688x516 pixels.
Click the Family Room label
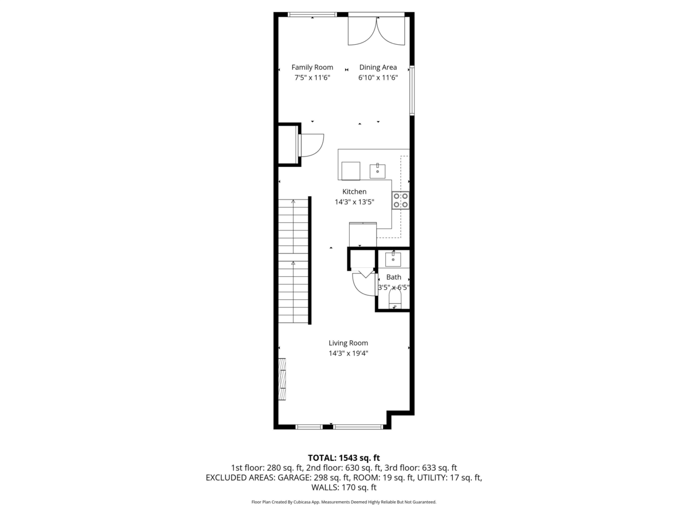point(312,67)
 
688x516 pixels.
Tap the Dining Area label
point(378,67)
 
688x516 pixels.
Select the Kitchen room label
point(354,191)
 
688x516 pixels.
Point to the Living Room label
point(348,343)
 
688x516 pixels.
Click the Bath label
point(394,277)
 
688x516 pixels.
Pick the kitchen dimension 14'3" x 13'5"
point(354,202)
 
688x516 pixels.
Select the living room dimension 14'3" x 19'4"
point(348,353)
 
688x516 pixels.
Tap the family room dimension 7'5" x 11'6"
point(312,78)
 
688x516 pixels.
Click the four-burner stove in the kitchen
point(401,201)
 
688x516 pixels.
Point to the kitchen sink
point(377,171)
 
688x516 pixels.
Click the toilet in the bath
point(395,299)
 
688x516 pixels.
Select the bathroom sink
point(393,259)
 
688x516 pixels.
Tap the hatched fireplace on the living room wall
point(283,379)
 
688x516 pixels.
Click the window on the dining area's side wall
point(412,90)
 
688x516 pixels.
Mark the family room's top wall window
point(312,14)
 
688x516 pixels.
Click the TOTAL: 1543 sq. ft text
point(344,458)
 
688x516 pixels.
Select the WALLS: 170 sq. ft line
point(344,487)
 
